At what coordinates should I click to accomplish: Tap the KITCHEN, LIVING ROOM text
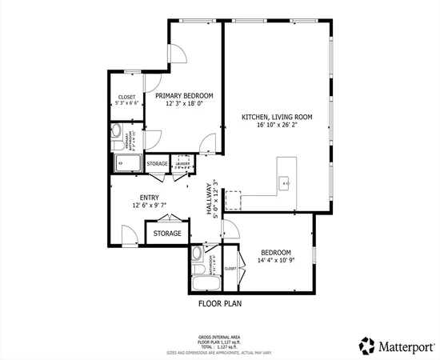[x=277, y=117]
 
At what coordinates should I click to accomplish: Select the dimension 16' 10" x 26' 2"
[x=277, y=126]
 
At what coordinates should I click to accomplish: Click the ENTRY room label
[x=149, y=198]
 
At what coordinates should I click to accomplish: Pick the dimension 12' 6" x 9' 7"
[x=149, y=206]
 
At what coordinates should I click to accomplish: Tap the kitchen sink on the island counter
[x=285, y=182]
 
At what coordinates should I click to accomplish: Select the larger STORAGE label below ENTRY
[x=167, y=234]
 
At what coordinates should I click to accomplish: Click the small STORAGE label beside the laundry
[x=157, y=164]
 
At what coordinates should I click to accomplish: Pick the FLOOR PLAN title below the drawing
[x=220, y=304]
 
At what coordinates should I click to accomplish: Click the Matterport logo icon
[x=367, y=345]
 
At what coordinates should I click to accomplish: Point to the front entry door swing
[x=126, y=234]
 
